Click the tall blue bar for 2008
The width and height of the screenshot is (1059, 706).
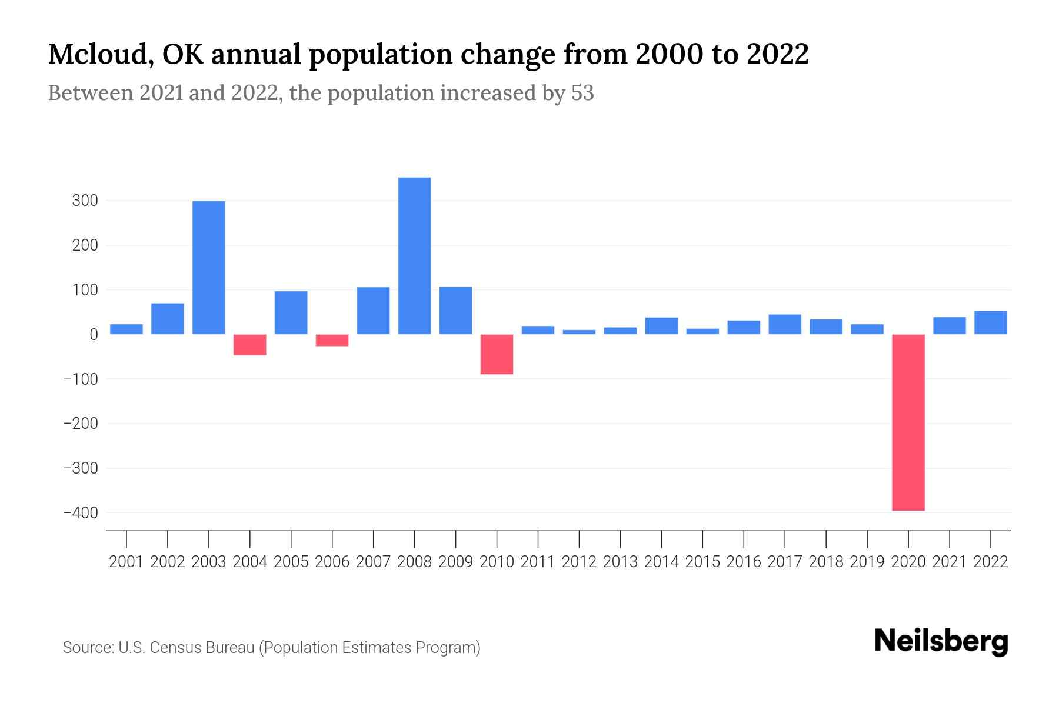coord(414,256)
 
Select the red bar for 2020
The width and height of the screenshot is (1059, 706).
coord(908,422)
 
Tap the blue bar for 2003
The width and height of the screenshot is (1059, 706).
coord(209,268)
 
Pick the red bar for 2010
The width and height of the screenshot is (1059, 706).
coord(497,354)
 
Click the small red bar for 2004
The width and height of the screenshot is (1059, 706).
coord(250,345)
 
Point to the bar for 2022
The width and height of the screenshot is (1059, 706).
coord(991,322)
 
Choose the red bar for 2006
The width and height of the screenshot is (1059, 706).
coord(332,340)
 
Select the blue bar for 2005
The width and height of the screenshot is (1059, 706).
coord(291,312)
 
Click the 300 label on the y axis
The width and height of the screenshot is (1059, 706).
coord(85,201)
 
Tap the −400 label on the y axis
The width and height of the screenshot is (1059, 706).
coord(81,513)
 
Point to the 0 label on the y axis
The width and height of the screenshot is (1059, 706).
coord(94,335)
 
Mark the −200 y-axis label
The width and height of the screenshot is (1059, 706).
coord(81,424)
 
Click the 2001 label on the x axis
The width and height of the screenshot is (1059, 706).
coord(126,562)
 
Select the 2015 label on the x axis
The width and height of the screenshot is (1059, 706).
coord(702,562)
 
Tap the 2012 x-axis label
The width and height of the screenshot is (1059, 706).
coord(579,562)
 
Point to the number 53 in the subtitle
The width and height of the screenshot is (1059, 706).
coord(582,93)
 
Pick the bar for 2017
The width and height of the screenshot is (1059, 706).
coord(785,324)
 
